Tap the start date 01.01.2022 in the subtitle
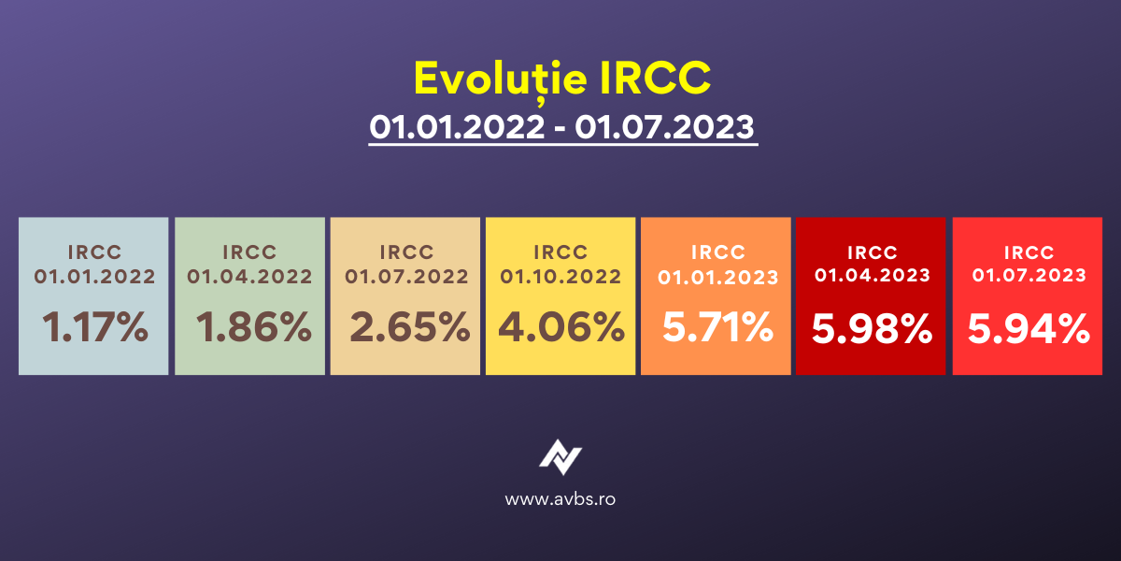tap(457, 127)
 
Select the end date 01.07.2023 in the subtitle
tap(664, 127)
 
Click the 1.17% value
tap(95, 327)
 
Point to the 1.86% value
tap(254, 327)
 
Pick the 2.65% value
tap(410, 327)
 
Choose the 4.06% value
tap(561, 327)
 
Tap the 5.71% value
tap(718, 327)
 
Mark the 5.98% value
tap(873, 329)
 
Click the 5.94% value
tap(1029, 329)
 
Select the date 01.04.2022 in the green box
tap(249, 277)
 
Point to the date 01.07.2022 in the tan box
tap(407, 277)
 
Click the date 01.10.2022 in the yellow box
tap(560, 277)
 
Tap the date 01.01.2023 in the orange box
tap(718, 278)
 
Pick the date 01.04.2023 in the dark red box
tap(873, 275)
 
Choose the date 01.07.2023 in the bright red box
tap(1029, 275)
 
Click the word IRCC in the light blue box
tap(95, 252)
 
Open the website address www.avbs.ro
tap(560, 499)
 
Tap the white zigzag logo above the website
tap(560, 457)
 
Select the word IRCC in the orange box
tap(718, 252)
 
